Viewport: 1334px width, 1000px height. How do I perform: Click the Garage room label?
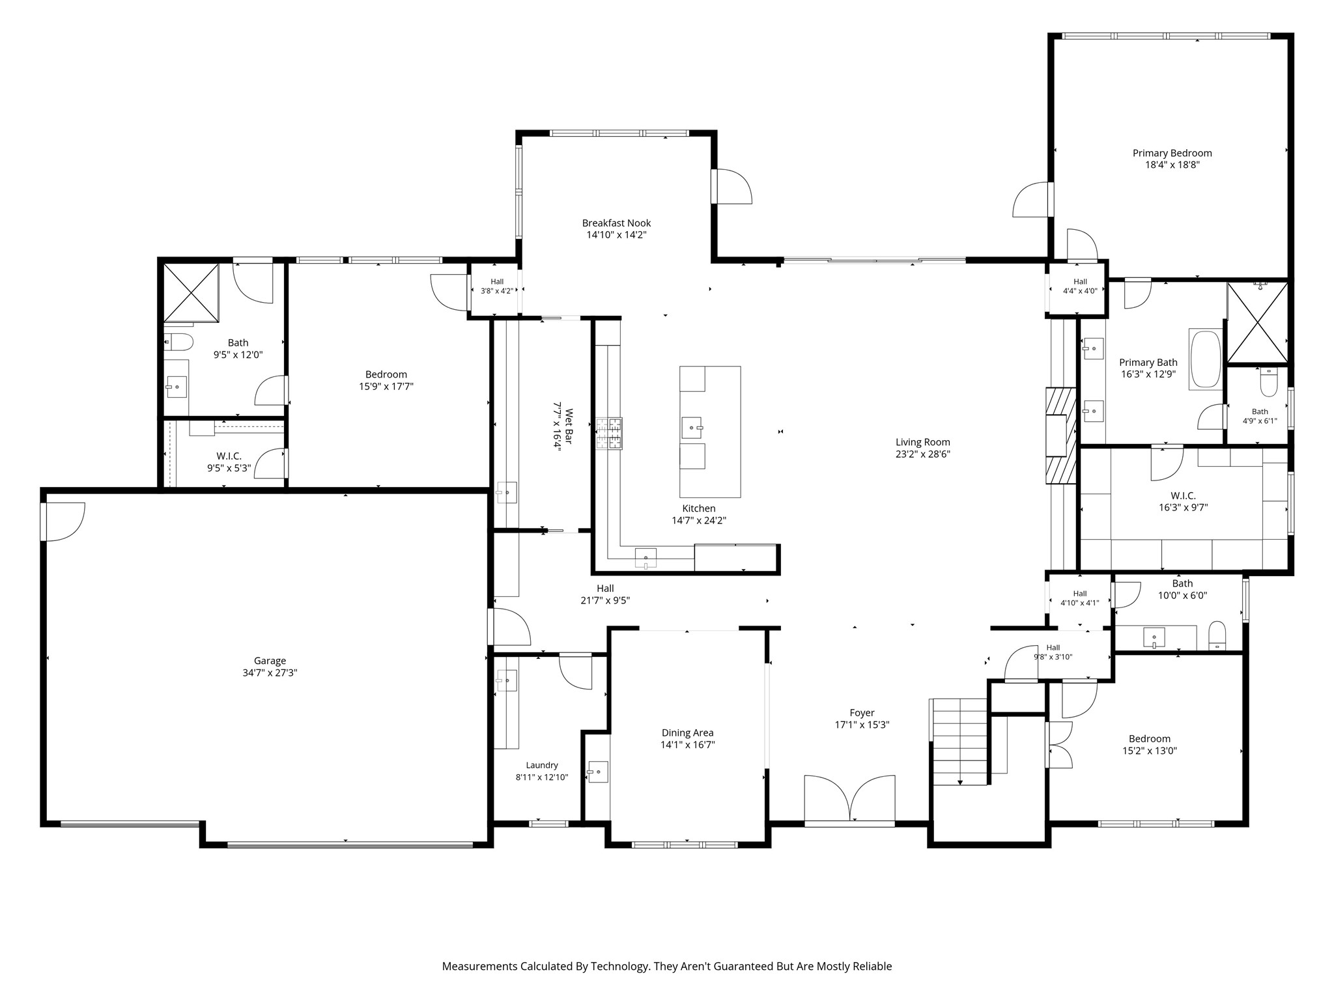point(270,661)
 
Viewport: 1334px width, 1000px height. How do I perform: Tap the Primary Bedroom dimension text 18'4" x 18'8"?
point(1172,165)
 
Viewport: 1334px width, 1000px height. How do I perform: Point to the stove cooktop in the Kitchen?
point(609,434)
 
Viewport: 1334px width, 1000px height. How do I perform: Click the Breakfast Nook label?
point(616,223)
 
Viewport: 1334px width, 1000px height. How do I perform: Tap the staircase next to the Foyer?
point(960,742)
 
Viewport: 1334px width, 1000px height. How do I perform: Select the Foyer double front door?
point(849,799)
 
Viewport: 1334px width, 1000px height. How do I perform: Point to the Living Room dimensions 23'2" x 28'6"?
point(922,454)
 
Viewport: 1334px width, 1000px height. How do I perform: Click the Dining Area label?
point(687,733)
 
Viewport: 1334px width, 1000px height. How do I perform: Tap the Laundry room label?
point(542,766)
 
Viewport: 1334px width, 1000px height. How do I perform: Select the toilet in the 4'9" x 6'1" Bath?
point(1269,382)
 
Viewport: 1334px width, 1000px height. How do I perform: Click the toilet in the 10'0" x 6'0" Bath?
point(1217,635)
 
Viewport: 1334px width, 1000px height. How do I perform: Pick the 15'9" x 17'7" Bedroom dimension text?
point(386,387)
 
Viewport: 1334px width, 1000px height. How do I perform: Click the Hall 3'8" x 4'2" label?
point(497,286)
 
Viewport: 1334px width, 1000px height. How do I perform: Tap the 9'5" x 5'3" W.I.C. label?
point(229,462)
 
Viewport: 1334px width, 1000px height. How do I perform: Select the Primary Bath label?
point(1148,363)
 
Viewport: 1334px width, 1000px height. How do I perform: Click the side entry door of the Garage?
point(63,521)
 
